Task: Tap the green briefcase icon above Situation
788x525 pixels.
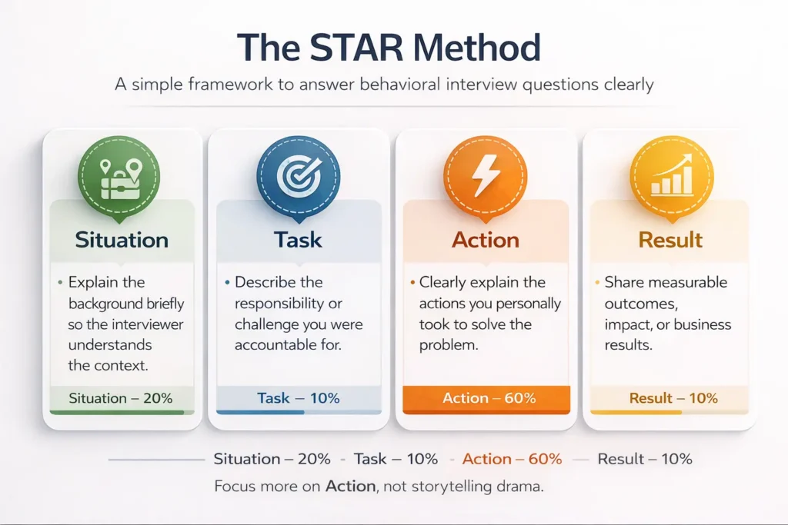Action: pos(119,177)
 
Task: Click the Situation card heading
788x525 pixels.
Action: pos(122,240)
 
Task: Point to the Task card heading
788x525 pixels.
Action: pos(299,240)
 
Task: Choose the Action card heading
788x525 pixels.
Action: pos(486,240)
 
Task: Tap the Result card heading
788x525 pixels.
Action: pos(670,240)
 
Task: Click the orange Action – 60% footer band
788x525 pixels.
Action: pos(486,398)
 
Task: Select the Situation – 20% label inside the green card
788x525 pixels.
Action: pos(121,398)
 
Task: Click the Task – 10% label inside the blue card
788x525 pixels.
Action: pos(299,398)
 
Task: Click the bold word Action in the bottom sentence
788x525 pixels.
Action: pos(350,487)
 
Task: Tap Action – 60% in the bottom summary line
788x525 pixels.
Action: pos(512,459)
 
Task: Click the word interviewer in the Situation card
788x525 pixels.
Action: pos(145,324)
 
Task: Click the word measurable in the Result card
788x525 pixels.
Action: pos(689,282)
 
